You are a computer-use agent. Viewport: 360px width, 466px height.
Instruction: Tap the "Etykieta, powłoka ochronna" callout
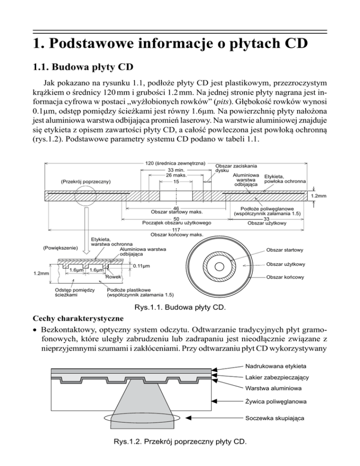(285, 179)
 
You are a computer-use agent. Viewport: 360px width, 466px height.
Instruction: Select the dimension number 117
(176, 230)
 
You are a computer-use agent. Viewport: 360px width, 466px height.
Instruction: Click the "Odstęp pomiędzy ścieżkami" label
(75, 292)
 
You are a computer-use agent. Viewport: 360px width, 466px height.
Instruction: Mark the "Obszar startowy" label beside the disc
(285, 250)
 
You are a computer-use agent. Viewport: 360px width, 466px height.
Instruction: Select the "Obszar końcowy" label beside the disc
(285, 277)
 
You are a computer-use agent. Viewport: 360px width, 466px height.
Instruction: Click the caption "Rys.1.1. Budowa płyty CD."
(180, 308)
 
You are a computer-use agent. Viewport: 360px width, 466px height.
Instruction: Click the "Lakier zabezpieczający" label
(276, 377)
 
